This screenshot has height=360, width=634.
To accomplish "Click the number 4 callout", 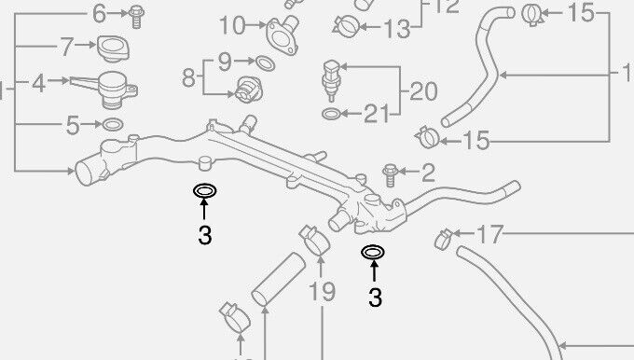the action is [x=38, y=84].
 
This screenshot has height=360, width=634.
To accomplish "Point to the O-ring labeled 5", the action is [x=112, y=124].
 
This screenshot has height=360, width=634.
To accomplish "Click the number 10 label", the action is [x=230, y=23].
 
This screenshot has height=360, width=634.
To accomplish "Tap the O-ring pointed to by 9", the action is [x=264, y=63].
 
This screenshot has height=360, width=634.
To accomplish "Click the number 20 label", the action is [x=422, y=91].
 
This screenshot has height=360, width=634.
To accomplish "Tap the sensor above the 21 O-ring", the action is [x=330, y=76].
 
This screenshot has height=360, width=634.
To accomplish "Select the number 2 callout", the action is [x=428, y=172].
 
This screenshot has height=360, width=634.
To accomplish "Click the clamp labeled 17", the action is [x=445, y=239].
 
